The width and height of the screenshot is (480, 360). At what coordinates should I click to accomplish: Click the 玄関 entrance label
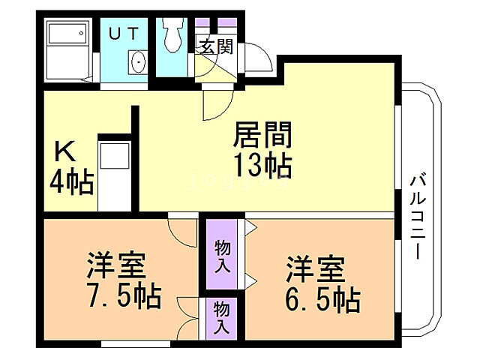click(x=216, y=46)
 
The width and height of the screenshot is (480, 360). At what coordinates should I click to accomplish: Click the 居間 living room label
click(x=262, y=136)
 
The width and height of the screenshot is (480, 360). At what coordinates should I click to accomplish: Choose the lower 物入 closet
click(x=221, y=317)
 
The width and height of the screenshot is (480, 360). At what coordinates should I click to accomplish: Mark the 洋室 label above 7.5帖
click(x=115, y=267)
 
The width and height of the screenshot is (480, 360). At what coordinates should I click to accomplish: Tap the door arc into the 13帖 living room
click(x=214, y=105)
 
